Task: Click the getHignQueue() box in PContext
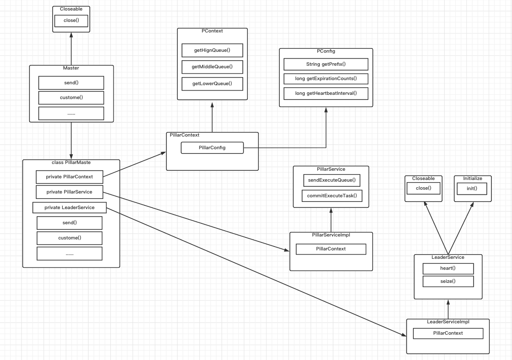pos(212,50)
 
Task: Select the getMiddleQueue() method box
pos(212,67)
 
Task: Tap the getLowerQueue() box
pos(212,83)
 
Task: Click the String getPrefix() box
pos(326,64)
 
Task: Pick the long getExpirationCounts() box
pos(326,79)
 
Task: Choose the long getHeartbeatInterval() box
pos(326,93)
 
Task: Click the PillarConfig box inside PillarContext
pos(212,148)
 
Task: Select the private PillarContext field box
pos(69,177)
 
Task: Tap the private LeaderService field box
pos(69,207)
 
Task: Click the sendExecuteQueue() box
pos(331,180)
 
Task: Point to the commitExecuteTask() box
pos(332,196)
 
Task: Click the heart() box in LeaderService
pos(448,269)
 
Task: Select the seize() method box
pos(448,281)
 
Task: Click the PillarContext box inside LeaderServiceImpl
pos(448,333)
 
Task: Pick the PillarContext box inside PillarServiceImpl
pos(331,249)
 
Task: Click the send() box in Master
pos(71,83)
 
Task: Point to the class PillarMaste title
pos(71,162)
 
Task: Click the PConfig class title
pos(326,51)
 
